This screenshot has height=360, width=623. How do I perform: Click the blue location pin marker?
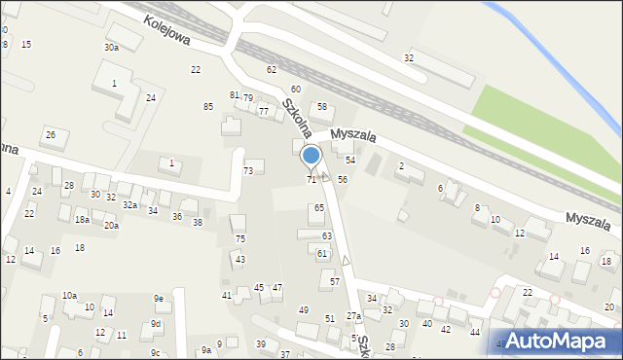click(x=311, y=157)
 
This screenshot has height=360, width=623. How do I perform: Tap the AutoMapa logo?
click(x=559, y=341)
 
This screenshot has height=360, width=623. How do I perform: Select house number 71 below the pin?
click(x=311, y=179)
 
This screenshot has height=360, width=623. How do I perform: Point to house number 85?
click(x=207, y=106)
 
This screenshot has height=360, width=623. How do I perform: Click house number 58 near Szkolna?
click(x=321, y=107)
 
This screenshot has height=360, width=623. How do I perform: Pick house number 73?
click(x=248, y=171)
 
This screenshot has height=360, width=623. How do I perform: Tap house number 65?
click(x=319, y=208)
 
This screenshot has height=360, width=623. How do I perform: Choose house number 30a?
click(x=111, y=47)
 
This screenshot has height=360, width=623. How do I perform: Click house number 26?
click(x=51, y=134)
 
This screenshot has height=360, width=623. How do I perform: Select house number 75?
click(x=240, y=238)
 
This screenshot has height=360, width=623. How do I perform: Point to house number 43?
click(x=239, y=259)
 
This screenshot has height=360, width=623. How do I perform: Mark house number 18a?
click(x=83, y=220)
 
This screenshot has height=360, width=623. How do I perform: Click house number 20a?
click(x=111, y=226)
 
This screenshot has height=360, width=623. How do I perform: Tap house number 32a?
click(x=128, y=204)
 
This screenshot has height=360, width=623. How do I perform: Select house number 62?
click(x=272, y=70)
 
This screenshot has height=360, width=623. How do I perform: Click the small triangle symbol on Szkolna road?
click(x=346, y=260)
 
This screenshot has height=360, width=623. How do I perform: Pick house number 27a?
click(x=352, y=316)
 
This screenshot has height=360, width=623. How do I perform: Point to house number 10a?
click(x=69, y=295)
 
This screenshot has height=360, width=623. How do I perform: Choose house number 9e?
click(x=158, y=298)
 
